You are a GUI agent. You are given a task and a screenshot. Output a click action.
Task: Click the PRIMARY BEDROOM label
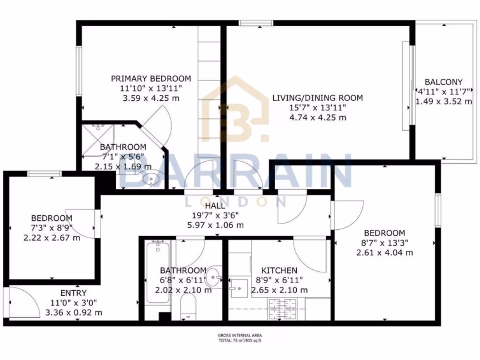pos(150,79)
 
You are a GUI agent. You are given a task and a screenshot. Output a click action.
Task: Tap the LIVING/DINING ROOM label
pos(318,98)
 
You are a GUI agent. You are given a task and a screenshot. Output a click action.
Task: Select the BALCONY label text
pos(443,82)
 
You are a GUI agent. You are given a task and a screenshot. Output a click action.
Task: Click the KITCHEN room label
pos(279,270)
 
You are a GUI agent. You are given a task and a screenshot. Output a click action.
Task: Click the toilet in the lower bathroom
pos(188,310)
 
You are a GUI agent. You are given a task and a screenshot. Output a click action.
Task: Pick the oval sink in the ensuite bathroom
pos(152,179)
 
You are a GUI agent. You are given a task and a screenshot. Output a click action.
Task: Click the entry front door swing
pos(21,302)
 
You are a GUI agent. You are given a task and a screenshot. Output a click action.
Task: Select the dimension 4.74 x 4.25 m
pos(318,117)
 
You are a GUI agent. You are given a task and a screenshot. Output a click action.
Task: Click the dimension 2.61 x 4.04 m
pos(384,253)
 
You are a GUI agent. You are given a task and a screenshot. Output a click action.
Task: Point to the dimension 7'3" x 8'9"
pos(52,228)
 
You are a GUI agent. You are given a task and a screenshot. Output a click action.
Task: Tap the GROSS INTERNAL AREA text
pos(240,335)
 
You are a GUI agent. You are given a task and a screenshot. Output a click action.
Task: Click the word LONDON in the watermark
pos(237,201)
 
